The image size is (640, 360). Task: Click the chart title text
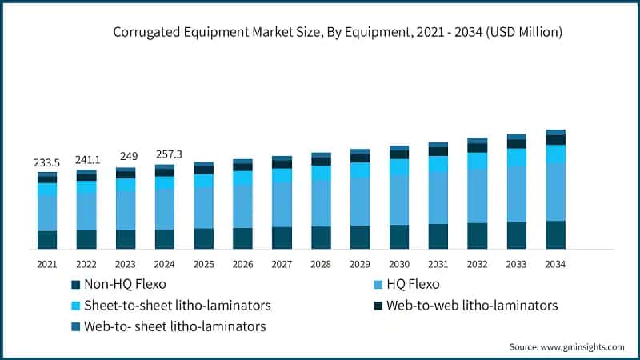point(337,32)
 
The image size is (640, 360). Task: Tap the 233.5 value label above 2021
point(46,162)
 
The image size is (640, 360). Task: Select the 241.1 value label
point(86,159)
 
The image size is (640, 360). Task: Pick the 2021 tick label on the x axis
point(46,264)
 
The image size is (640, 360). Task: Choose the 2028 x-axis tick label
point(321,264)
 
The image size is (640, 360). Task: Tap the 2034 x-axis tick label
point(555,264)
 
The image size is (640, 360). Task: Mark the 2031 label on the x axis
point(438,264)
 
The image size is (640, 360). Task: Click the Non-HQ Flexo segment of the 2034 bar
point(555,234)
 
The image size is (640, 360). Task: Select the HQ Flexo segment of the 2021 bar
point(46,213)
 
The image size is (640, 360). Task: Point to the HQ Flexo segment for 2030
point(398,199)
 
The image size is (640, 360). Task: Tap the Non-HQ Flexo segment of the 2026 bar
point(242,238)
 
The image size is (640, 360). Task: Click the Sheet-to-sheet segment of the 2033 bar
point(516,157)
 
